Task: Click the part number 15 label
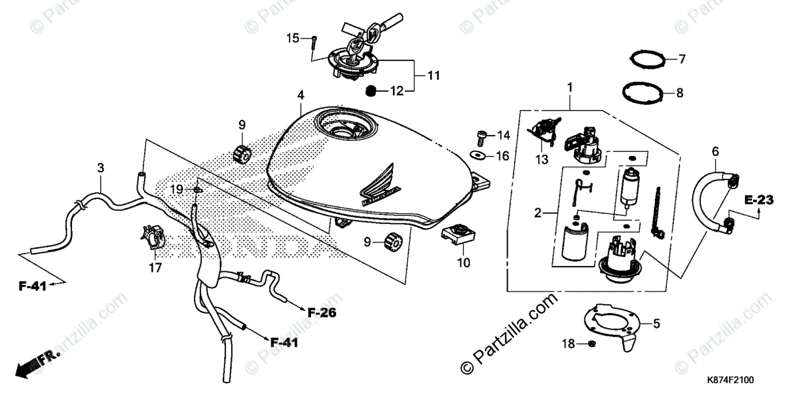(x=291, y=38)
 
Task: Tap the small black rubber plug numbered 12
(x=370, y=90)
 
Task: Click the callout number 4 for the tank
(x=301, y=96)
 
